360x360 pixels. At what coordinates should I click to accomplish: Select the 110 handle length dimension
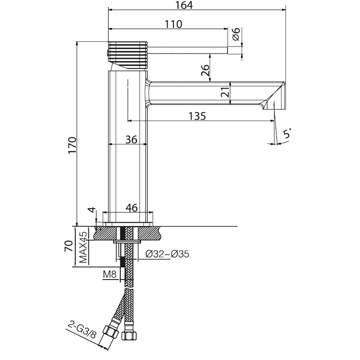(174, 24)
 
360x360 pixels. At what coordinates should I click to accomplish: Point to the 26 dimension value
(205, 70)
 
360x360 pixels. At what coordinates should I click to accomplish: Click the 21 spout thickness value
(225, 92)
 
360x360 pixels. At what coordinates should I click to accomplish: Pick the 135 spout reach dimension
(197, 116)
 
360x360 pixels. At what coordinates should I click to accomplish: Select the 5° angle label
(287, 133)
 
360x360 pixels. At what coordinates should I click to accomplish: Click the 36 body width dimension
(131, 139)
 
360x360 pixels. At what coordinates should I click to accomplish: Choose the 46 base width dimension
(131, 208)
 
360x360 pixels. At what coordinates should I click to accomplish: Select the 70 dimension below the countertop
(68, 246)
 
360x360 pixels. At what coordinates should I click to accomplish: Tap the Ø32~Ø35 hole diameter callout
(167, 254)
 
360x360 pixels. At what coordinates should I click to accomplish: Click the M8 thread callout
(110, 274)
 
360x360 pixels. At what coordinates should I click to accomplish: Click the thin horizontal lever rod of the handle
(187, 50)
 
